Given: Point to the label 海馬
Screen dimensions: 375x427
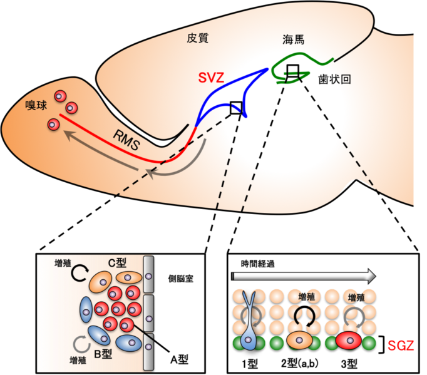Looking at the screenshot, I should point(294,41).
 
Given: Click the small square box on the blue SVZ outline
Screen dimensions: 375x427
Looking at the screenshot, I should point(236,108).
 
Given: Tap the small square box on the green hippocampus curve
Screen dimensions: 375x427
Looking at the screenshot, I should point(292,70).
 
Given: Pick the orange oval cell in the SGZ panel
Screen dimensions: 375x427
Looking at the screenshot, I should point(299,341).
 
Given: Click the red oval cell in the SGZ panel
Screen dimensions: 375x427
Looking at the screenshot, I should point(349,341).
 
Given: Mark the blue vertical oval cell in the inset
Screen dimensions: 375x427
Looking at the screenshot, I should point(86,312).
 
